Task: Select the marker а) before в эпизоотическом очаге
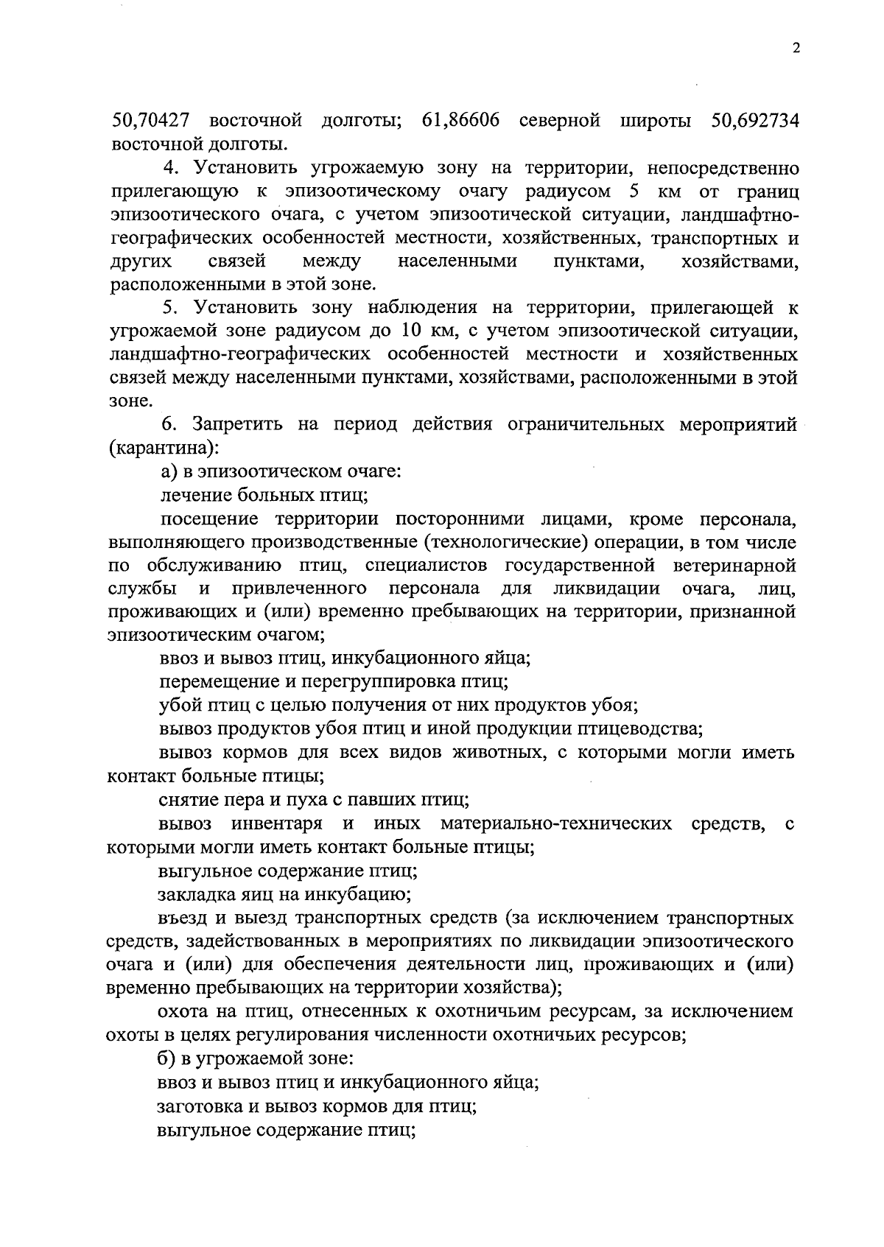click(168, 471)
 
